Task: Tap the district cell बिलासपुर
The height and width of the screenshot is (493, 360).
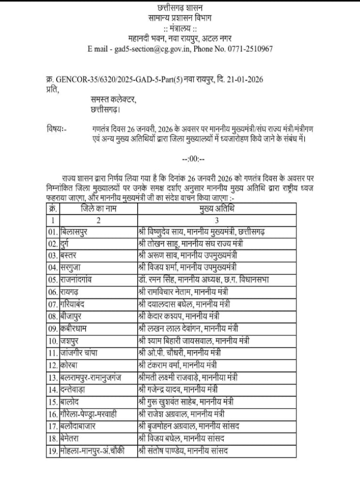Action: click(79, 231)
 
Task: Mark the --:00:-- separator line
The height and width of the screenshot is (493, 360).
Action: click(190, 159)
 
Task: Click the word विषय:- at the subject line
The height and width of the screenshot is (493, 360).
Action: click(56, 129)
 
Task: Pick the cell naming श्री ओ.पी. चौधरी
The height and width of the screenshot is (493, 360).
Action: click(180, 353)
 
